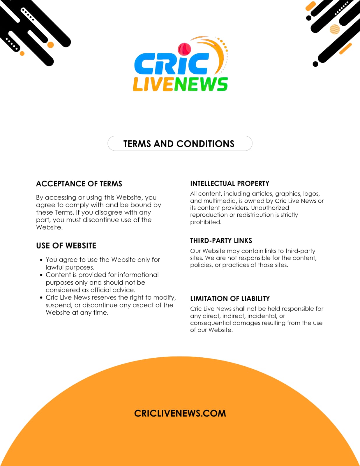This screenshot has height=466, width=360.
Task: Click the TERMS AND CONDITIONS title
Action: point(179,144)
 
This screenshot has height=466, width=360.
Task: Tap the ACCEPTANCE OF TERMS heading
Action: point(79,184)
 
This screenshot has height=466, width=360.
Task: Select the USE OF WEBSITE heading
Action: point(66,246)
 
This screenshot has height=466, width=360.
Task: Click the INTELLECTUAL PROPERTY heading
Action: point(230,183)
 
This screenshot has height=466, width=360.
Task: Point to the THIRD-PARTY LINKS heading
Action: point(221,241)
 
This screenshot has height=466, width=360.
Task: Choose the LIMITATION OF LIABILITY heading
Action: point(230,299)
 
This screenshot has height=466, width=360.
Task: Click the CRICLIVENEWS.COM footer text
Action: point(180,413)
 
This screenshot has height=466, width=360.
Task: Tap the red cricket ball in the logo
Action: point(184,49)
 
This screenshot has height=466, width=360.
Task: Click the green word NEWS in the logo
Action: point(201,84)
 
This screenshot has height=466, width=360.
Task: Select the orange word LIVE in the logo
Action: point(153,84)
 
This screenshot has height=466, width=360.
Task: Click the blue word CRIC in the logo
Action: point(171,64)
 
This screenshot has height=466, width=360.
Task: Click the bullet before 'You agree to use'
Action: point(41,260)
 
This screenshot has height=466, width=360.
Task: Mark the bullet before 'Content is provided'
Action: point(41,275)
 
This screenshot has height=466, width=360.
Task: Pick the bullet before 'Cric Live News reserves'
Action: point(41,298)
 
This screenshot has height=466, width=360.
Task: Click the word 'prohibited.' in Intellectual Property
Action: point(206,222)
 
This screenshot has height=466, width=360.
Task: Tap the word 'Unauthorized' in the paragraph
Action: point(270,208)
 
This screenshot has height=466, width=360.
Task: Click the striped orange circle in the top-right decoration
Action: point(335,29)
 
